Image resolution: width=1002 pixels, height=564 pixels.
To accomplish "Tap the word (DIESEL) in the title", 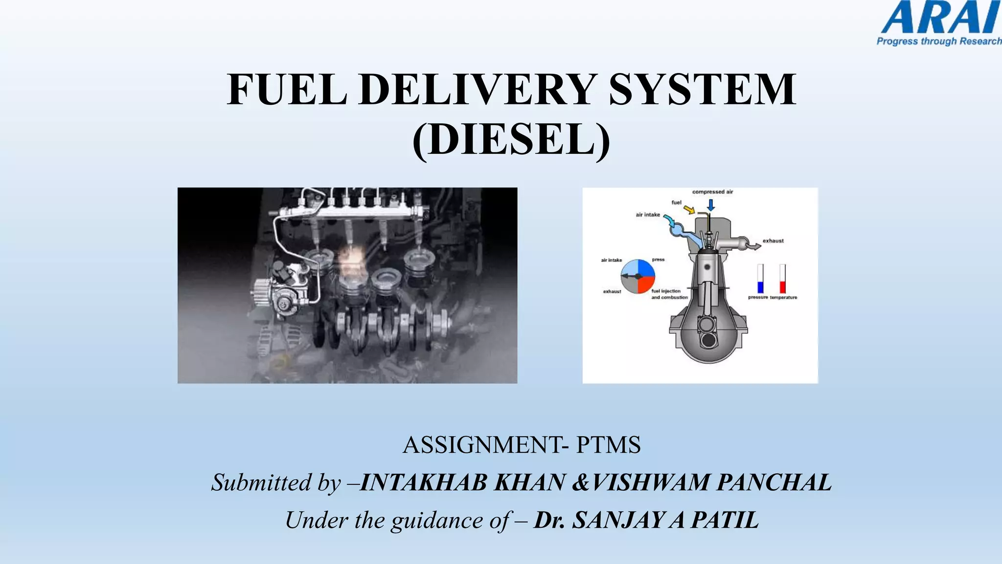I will [511, 140].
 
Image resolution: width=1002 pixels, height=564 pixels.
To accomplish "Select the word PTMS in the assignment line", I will [608, 445].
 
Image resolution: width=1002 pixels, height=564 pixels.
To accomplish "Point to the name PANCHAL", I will [774, 482].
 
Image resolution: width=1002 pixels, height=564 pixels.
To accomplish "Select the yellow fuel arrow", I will [689, 210].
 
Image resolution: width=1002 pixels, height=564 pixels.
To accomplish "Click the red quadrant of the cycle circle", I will [646, 284].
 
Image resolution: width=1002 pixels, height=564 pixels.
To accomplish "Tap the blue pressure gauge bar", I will [760, 287].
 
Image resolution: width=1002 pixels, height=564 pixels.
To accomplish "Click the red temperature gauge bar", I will [783, 287].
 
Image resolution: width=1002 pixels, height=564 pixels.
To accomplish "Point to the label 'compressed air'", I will [712, 192].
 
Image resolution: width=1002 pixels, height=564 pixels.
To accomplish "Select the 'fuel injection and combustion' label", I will [669, 294].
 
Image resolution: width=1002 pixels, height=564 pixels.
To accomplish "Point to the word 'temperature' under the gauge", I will [783, 298].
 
